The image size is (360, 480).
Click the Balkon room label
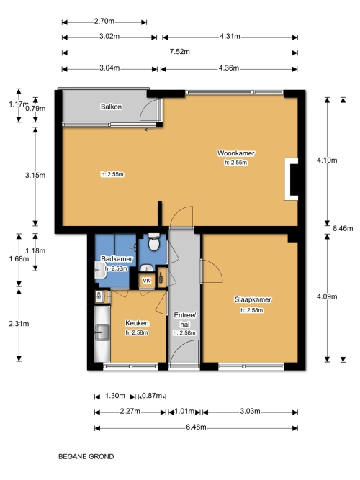pyautogui.click(x=111, y=107)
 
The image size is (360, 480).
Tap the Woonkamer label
pyautogui.click(x=235, y=153)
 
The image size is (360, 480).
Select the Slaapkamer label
pyautogui.click(x=253, y=299)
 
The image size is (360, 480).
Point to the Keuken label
pyautogui.click(x=137, y=323)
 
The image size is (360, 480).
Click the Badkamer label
pyautogui.click(x=117, y=258)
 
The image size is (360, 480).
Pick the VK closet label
pyautogui.click(x=147, y=281)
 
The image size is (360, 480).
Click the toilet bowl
pyautogui.click(x=153, y=243)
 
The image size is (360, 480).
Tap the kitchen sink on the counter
pyautogui.click(x=102, y=332)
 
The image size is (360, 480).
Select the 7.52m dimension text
pyautogui.click(x=179, y=52)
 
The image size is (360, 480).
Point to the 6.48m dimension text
pyautogui.click(x=196, y=427)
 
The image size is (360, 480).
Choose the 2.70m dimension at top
pyautogui.click(x=104, y=21)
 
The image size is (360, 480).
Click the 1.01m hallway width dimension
pyautogui.click(x=184, y=411)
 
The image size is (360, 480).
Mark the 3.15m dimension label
pyautogui.click(x=35, y=175)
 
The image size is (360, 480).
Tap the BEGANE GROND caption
pyautogui.click(x=86, y=456)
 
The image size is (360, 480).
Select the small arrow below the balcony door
pyautogui.click(x=150, y=130)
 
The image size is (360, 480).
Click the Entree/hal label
pyautogui.click(x=185, y=320)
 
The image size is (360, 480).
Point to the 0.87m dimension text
pyautogui.click(x=152, y=396)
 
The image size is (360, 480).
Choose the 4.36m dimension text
pyautogui.click(x=228, y=68)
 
